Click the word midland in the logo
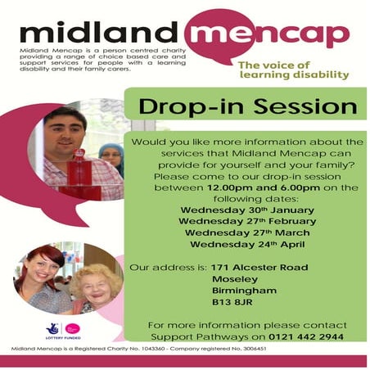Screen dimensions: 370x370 tap(94, 32)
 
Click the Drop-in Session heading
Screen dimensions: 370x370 tap(241, 106)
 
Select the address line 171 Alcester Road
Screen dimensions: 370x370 tap(260, 267)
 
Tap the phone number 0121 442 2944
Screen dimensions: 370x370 tap(309, 336)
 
